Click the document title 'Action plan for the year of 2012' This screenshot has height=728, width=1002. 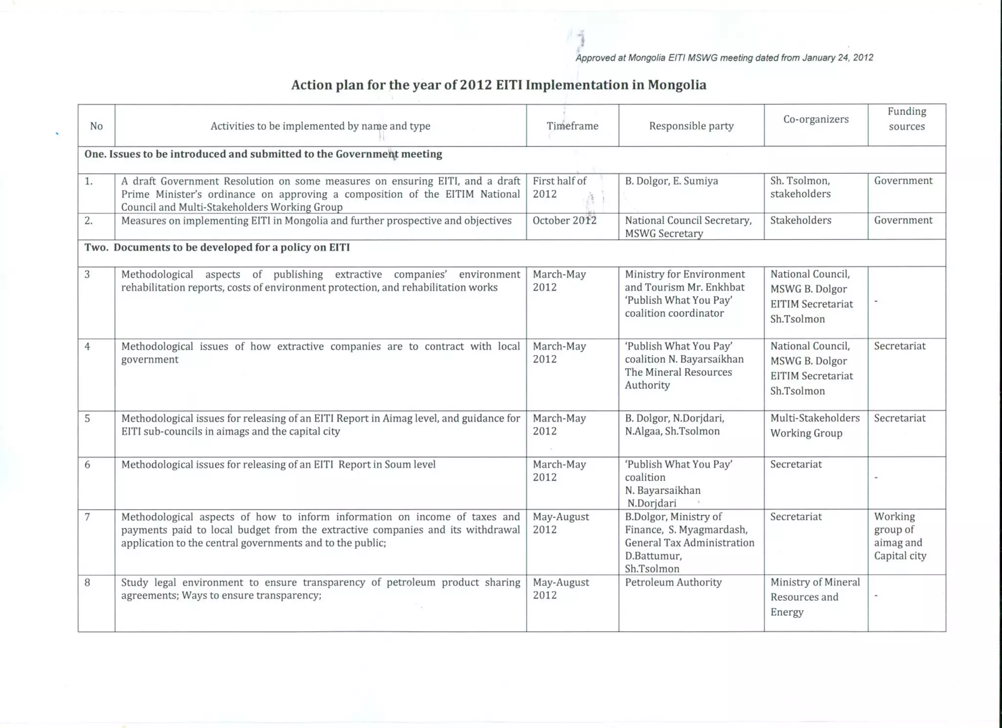tap(499, 85)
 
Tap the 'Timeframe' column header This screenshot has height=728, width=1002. tap(572, 126)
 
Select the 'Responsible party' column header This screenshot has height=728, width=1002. tap(691, 126)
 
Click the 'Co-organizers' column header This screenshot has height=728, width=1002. tap(816, 119)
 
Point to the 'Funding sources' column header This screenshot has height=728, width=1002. tap(907, 119)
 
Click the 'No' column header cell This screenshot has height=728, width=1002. tap(96, 126)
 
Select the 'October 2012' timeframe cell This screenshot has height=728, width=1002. tap(564, 221)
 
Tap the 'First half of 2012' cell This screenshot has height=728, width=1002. tap(559, 187)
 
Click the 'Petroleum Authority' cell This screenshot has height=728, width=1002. tap(673, 582)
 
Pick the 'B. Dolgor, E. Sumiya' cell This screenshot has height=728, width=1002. tap(671, 181)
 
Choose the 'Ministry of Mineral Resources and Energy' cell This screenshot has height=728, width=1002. tap(815, 597)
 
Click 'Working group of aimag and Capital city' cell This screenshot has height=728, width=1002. tap(900, 536)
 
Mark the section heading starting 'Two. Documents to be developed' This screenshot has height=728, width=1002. tap(217, 248)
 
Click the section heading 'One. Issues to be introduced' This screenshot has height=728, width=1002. tap(263, 154)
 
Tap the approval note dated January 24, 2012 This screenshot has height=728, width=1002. tap(724, 58)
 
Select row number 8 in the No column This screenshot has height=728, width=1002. tap(88, 582)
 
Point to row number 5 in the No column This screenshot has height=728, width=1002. tap(88, 418)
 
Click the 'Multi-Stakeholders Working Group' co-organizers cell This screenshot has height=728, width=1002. tap(815, 426)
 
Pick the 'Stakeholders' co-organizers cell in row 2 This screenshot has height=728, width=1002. tap(800, 220)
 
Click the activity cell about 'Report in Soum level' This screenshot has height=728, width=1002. tap(278, 464)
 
